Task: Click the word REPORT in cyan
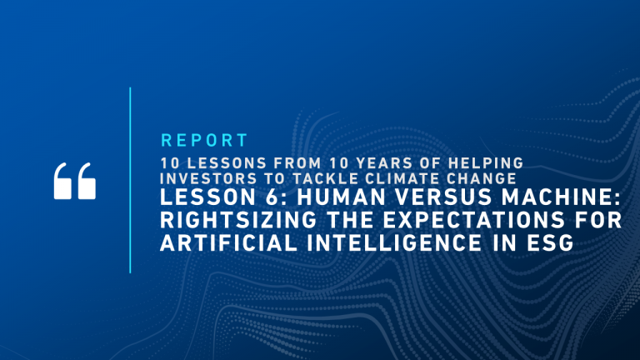coord(204,140)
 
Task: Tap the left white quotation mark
coord(62,181)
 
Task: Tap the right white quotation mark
coord(87,181)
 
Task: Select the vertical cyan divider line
coord(130,180)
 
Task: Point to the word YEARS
coord(388,163)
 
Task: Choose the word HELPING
coord(486,163)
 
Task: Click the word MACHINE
coord(557,197)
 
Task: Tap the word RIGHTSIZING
coord(238,220)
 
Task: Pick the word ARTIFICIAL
coord(228,242)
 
